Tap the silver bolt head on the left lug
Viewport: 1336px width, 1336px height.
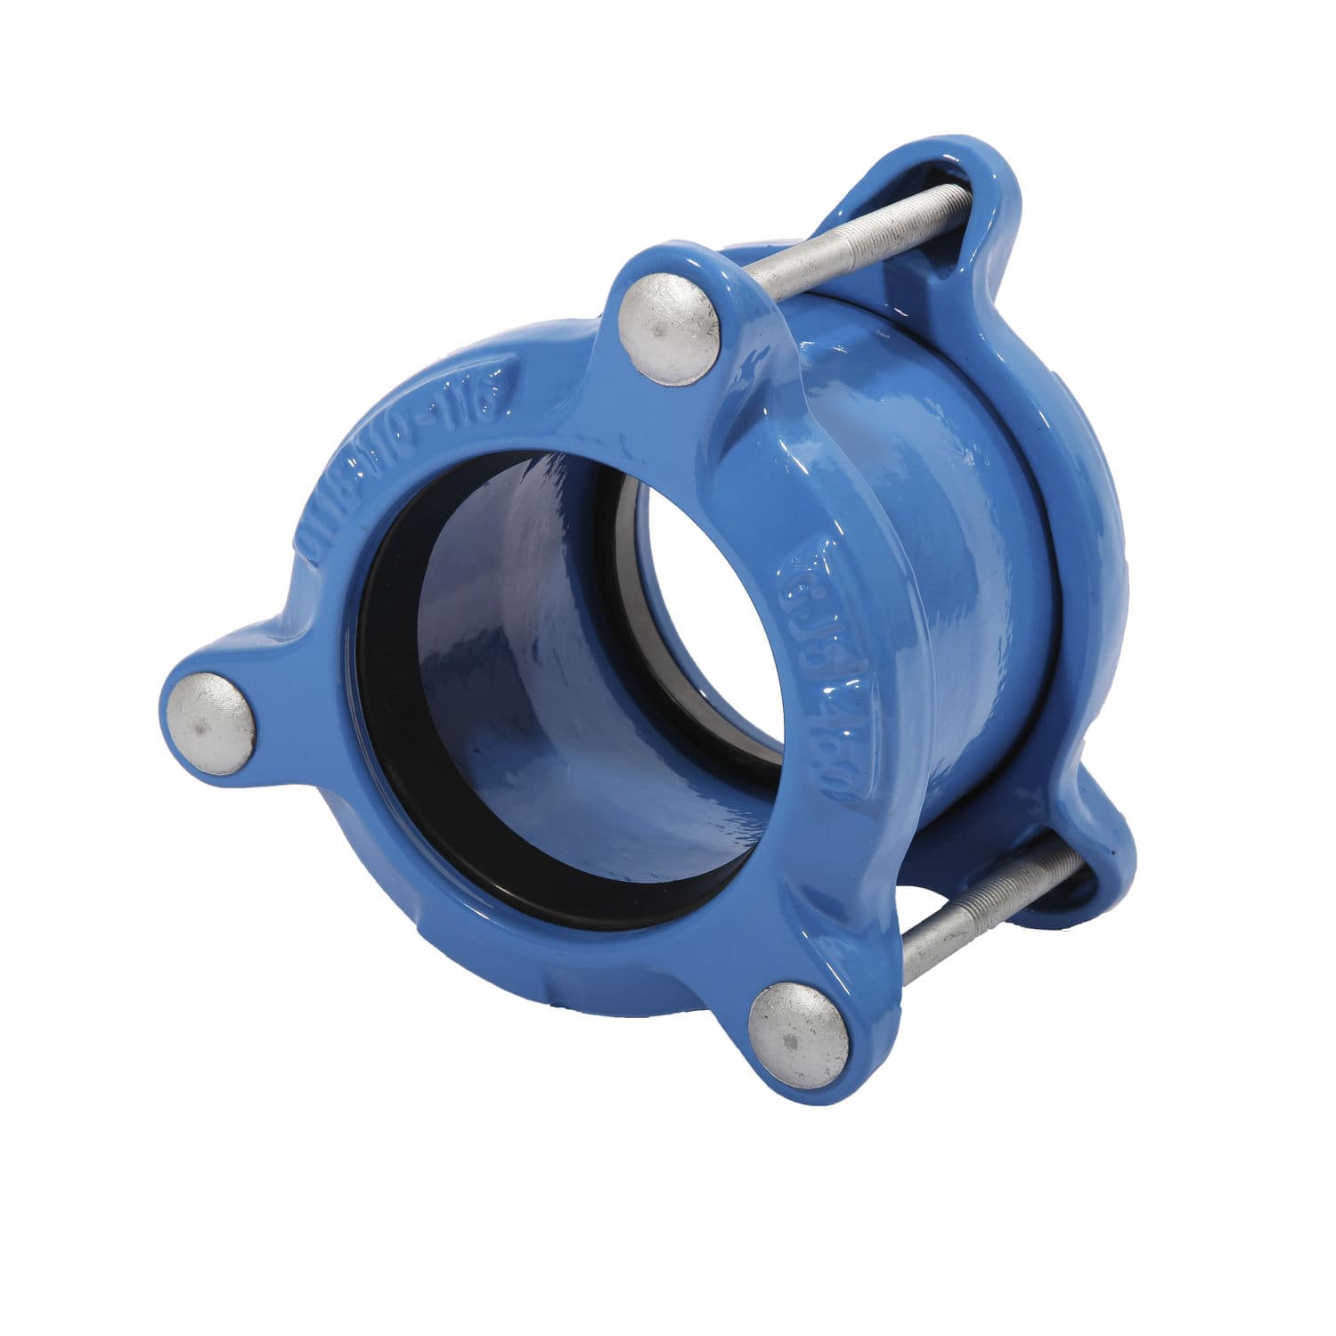pos(210,721)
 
